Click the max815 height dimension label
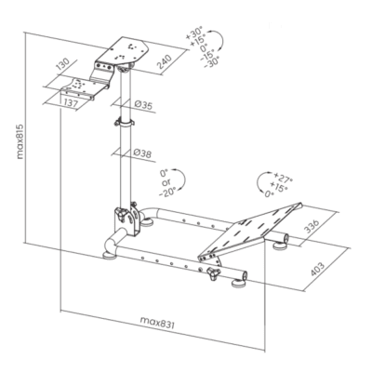(20, 141)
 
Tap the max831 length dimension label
(157, 322)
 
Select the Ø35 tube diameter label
(143, 105)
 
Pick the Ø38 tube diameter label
(142, 153)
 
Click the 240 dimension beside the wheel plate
(164, 61)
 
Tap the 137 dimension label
(71, 103)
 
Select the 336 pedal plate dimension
(311, 226)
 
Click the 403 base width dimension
(317, 270)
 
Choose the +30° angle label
(193, 33)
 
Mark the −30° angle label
(211, 62)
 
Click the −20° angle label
(167, 193)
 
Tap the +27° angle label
(283, 179)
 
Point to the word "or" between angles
(166, 183)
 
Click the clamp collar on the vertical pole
(125, 123)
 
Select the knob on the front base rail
(214, 273)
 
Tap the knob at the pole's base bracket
(122, 215)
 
